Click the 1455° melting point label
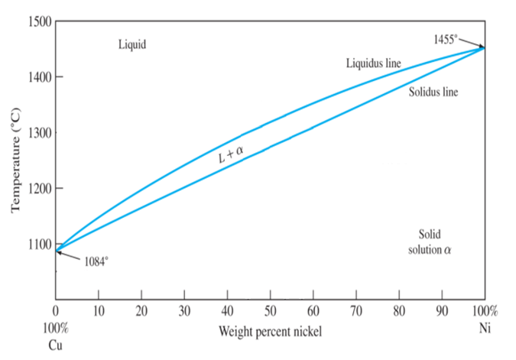point(445,38)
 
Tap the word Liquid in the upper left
point(131,44)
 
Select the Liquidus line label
point(373,63)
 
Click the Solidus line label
point(433,92)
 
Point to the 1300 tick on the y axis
point(37,133)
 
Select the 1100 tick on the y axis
point(37,245)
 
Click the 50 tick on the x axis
point(270,311)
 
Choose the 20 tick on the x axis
point(141,311)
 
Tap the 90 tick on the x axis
point(442,311)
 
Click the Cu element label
point(55,343)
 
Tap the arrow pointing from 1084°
point(69,255)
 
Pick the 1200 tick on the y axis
point(37,189)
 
